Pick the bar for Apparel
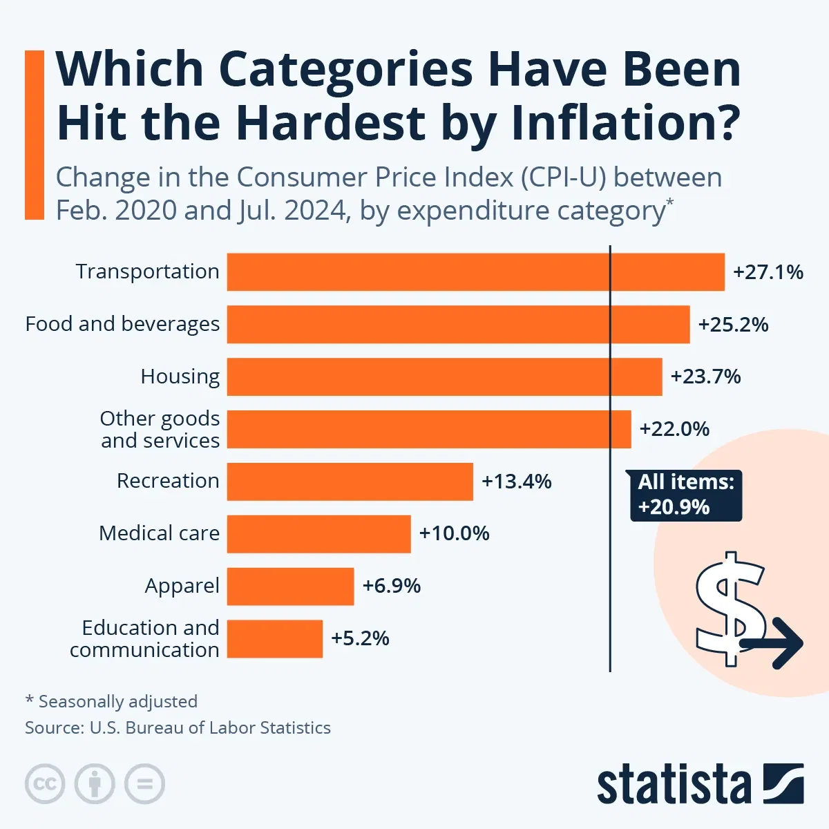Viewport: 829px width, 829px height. point(290,586)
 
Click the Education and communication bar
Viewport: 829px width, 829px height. point(274,638)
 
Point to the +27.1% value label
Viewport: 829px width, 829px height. point(768,272)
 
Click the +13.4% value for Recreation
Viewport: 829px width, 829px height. point(516,482)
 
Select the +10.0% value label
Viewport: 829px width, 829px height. point(454,533)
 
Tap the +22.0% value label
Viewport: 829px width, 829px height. point(674,429)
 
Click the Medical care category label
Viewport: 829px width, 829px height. point(159,533)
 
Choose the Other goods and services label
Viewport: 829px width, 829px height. point(160,429)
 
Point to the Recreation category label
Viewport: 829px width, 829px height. point(167,481)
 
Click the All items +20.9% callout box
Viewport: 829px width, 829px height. point(685,495)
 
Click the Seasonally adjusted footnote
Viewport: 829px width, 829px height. point(111,702)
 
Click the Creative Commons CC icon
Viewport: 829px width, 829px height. point(45,784)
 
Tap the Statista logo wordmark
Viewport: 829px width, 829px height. point(674,785)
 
